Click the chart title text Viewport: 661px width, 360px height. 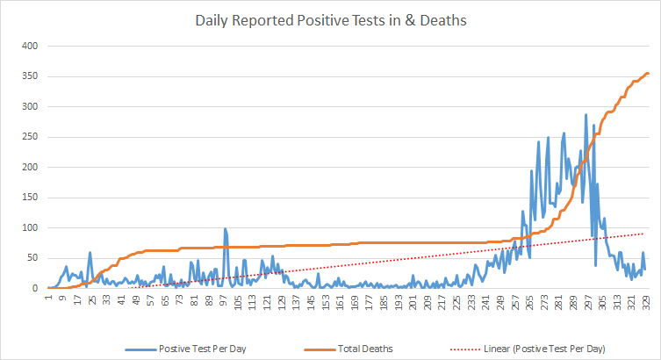click(329, 18)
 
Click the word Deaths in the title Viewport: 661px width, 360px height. click(444, 18)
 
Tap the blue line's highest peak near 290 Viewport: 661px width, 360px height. click(586, 114)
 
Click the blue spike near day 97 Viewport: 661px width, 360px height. click(225, 228)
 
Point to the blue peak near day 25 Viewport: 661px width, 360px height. click(90, 253)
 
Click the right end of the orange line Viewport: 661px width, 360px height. click(648, 73)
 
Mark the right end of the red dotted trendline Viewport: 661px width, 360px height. click(644, 234)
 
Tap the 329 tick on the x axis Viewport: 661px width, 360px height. click(646, 304)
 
